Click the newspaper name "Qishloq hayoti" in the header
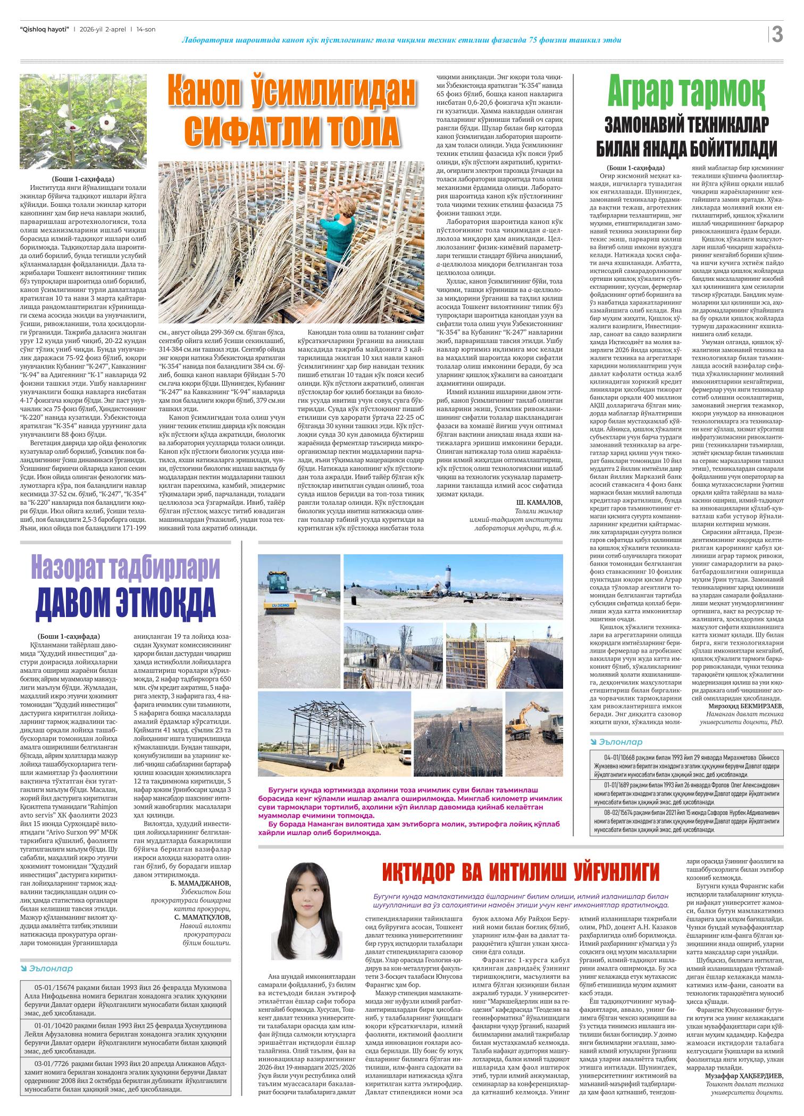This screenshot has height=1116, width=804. tap(44, 29)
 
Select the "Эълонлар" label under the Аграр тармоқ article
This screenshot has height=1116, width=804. tap(620, 742)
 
